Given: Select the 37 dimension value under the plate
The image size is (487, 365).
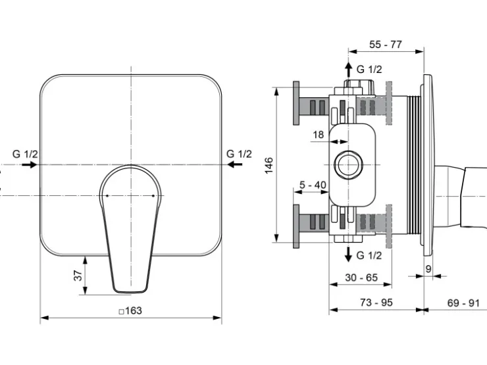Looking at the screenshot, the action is click(x=78, y=276).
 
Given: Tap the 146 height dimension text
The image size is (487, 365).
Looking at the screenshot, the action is click(x=269, y=166).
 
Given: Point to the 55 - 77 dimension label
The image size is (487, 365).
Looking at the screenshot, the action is click(x=386, y=44).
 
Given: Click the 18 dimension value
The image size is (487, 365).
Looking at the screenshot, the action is click(x=319, y=135).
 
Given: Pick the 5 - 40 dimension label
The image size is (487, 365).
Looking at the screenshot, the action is click(x=313, y=185).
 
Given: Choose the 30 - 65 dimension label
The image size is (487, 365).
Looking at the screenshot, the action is click(x=361, y=277).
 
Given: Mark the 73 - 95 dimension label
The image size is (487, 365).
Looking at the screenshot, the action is click(x=376, y=302).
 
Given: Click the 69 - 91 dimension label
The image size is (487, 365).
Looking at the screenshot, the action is click(x=463, y=303).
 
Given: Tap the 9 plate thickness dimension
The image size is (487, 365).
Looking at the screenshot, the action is click(x=428, y=269).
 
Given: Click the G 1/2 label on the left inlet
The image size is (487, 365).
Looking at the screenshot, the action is click(x=25, y=154).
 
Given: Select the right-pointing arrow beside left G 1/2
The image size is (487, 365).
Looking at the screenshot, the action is click(x=30, y=164).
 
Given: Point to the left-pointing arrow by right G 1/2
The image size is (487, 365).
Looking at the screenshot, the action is click(x=235, y=164).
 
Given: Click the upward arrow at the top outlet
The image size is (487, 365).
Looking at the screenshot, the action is click(x=349, y=69).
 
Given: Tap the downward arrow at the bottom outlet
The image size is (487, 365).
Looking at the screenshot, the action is click(x=349, y=254).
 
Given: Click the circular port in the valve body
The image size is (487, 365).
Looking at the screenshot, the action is click(x=349, y=165).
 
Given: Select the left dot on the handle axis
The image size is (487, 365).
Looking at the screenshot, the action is click(x=107, y=195).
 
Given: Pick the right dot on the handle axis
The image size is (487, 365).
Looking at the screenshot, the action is click(x=153, y=195).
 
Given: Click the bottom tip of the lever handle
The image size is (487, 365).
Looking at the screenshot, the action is click(x=131, y=292).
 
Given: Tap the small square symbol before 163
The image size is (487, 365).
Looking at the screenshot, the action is click(x=122, y=311).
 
